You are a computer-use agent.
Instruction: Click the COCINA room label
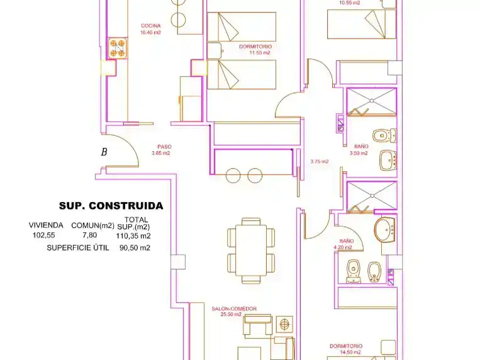(150, 26)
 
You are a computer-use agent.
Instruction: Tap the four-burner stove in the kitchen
(118, 48)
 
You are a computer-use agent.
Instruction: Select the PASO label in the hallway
(164, 147)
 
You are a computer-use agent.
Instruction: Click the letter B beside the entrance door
(104, 152)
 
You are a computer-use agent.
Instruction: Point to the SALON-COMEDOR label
(234, 308)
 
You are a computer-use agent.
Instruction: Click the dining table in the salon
(251, 250)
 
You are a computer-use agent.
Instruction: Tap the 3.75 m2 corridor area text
(320, 162)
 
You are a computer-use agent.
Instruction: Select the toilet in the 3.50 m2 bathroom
(384, 135)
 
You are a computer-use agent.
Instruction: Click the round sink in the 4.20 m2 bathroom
(385, 230)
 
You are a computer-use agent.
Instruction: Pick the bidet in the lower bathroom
(374, 272)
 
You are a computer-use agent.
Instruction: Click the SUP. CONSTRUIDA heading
(111, 206)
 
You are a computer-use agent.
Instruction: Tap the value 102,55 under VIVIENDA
(44, 235)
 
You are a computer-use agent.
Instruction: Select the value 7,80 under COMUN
(90, 235)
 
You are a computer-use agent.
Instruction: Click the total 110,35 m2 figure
(133, 236)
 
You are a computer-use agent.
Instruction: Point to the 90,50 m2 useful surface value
(135, 247)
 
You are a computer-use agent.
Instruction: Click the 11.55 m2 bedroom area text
(260, 53)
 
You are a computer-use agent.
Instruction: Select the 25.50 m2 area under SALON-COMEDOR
(231, 314)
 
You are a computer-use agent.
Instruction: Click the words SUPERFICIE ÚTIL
(78, 247)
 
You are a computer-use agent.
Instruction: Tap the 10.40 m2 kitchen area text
(150, 32)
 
